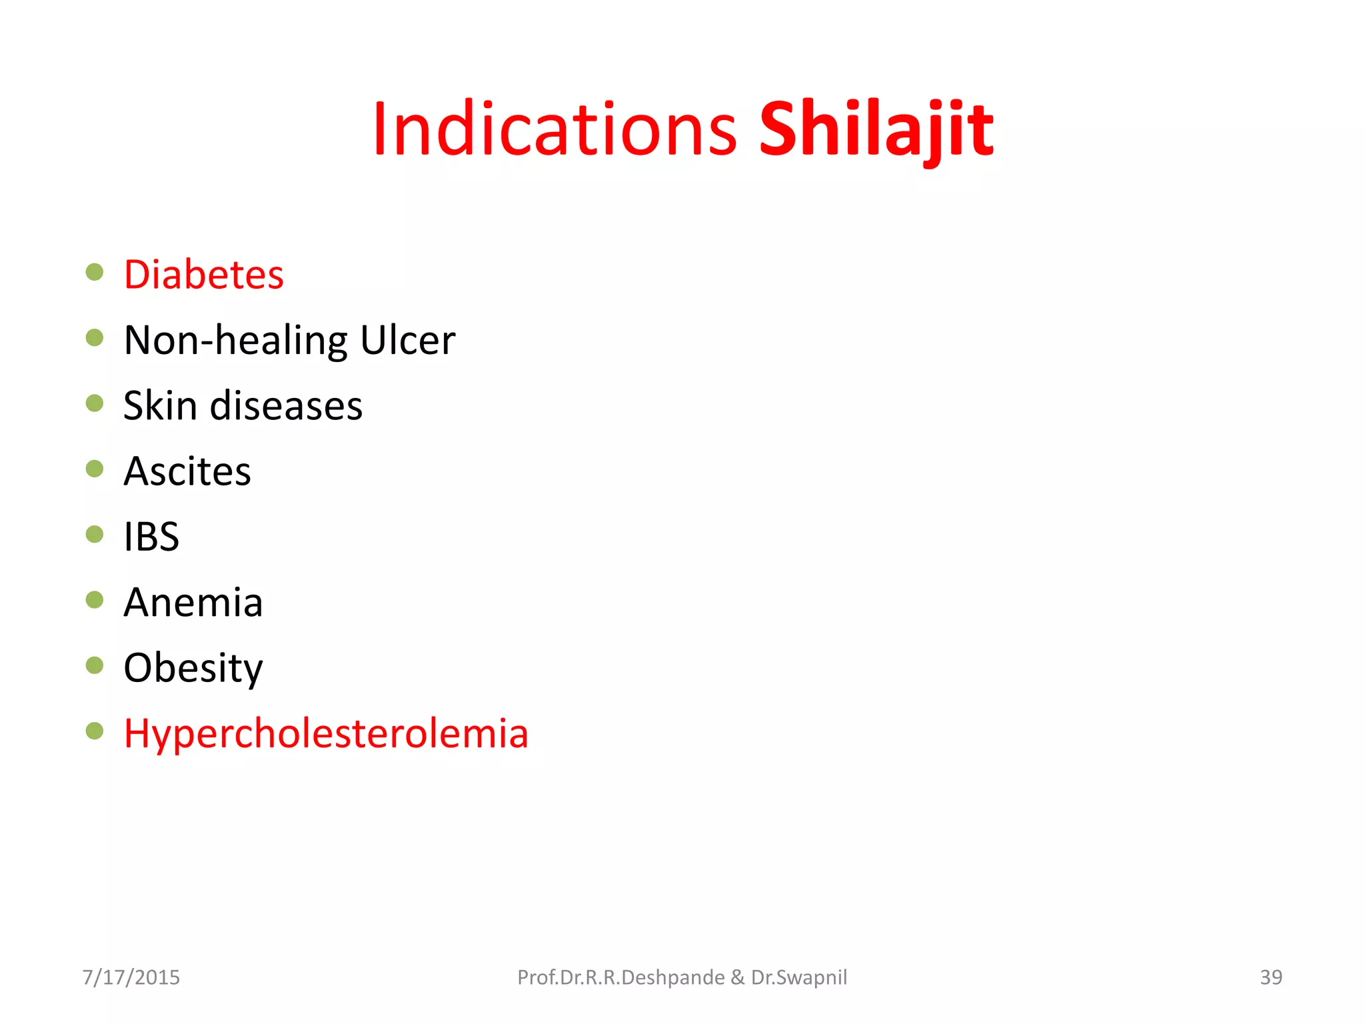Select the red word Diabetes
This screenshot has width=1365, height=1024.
coord(203,275)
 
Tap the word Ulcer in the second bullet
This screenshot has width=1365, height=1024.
coord(407,340)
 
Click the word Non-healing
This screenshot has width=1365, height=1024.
coord(236,340)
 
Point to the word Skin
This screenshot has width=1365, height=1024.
coord(160,405)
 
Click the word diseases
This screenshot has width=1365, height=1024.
coord(286,405)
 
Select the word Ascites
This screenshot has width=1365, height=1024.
coord(187,471)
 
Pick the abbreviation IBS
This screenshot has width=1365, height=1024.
coord(151,537)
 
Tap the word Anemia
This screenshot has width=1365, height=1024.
coord(193,602)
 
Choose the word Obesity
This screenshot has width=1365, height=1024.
coord(193,667)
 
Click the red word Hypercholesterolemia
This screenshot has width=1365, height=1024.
coord(326,733)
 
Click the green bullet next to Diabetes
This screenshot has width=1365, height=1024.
coord(95,272)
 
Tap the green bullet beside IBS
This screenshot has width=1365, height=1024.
coord(95,534)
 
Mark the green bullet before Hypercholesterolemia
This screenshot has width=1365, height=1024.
coord(95,731)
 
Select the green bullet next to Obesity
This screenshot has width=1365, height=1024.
coord(95,665)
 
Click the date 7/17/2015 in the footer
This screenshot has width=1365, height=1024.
coord(131,977)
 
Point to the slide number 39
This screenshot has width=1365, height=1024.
coord(1270,977)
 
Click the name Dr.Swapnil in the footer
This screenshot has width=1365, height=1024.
coord(798,977)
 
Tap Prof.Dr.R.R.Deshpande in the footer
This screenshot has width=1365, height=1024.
coord(621,977)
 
